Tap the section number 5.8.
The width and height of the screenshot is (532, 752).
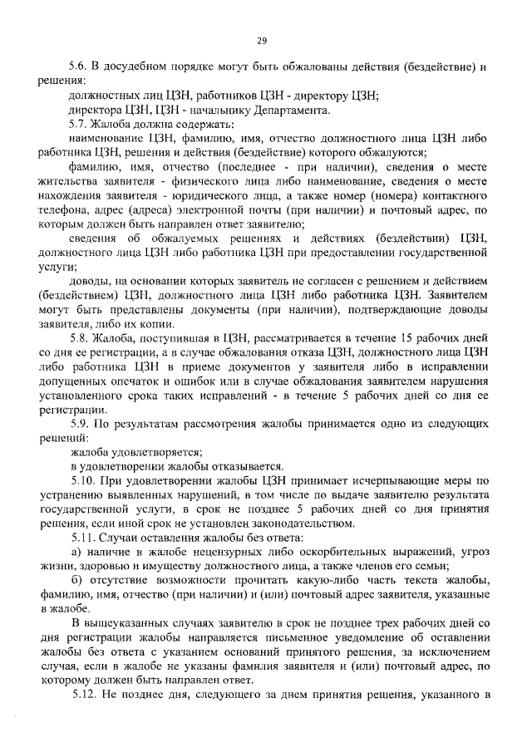click(x=78, y=337)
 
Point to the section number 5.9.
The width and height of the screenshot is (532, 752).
click(x=78, y=424)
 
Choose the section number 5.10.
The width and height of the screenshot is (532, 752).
click(x=81, y=480)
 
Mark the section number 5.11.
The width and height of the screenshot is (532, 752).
click(x=81, y=538)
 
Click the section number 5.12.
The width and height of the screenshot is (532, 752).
click(x=81, y=694)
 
